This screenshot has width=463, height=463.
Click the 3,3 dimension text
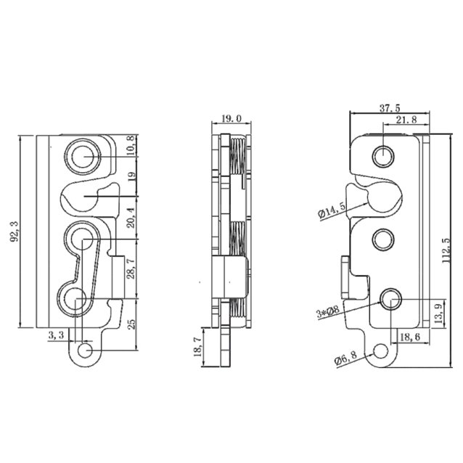tap(56, 335)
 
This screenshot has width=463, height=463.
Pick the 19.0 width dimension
tap(231, 118)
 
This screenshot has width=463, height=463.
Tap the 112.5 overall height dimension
tap(448, 250)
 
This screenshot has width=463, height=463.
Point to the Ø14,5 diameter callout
tap(331, 211)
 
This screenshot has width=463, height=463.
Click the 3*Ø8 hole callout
tap(328, 312)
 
